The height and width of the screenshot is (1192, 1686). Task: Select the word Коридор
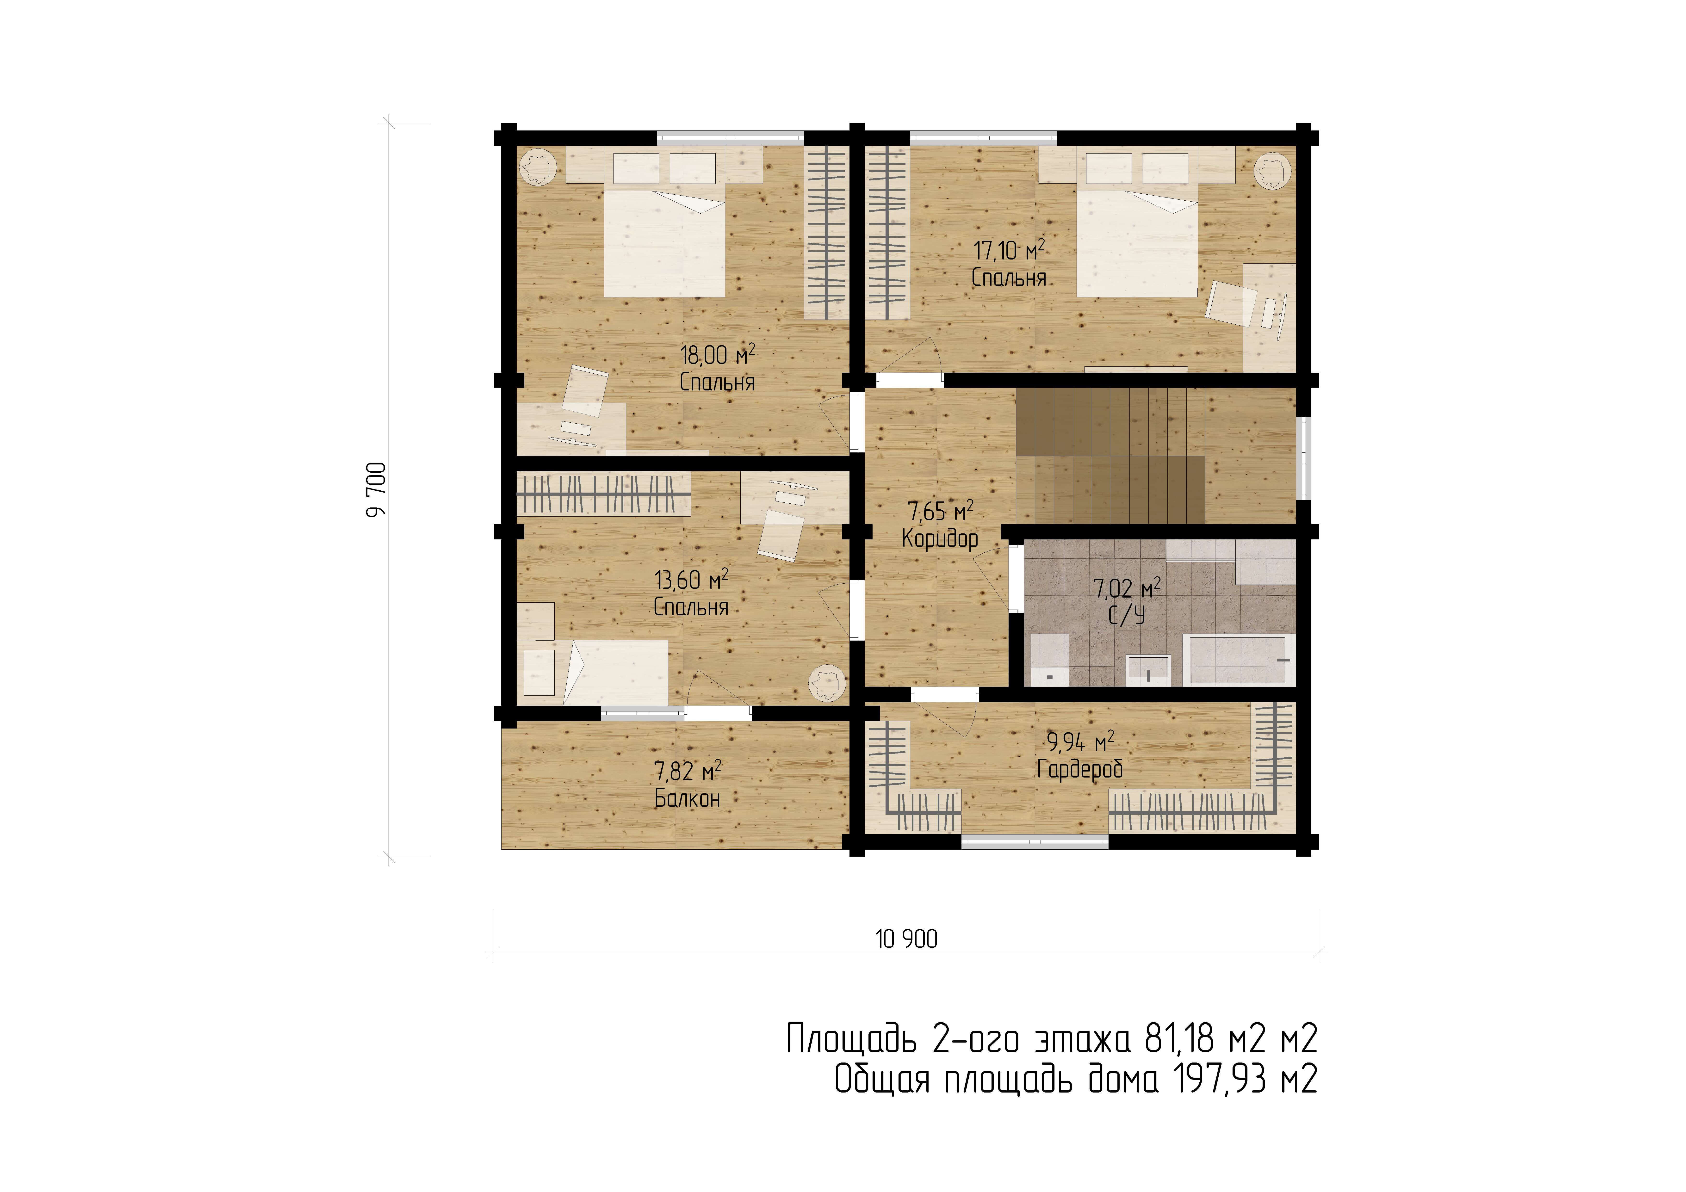940,539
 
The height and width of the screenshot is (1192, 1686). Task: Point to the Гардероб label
1079,769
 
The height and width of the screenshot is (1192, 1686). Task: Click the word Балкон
687,798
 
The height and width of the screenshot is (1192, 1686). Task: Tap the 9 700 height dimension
376,490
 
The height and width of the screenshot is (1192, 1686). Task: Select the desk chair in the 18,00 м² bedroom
585,390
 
